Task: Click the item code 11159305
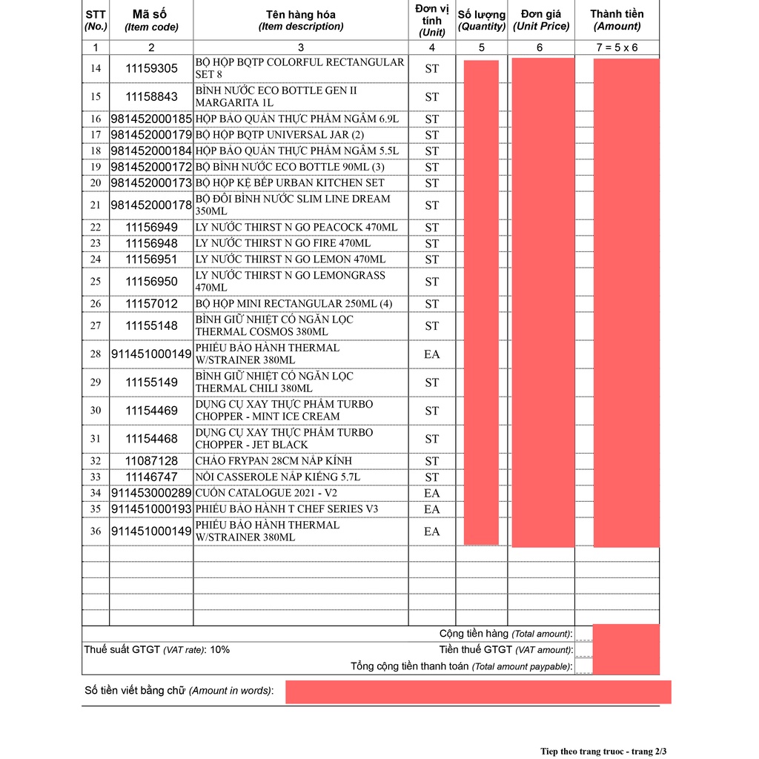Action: [x=151, y=68]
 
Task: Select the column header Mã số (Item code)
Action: [x=151, y=20]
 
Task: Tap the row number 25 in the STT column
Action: [x=96, y=282]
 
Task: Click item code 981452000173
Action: [x=151, y=183]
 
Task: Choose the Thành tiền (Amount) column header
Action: [x=617, y=20]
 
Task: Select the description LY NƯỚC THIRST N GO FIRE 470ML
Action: [x=283, y=243]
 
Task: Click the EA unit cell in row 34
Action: [x=431, y=494]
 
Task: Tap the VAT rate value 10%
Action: [x=220, y=650]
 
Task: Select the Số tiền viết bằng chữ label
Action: [x=179, y=691]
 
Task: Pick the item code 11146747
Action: [x=151, y=477]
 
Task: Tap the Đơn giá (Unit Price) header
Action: [x=541, y=20]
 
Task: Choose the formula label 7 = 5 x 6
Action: [x=617, y=47]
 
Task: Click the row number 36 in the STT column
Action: [x=96, y=531]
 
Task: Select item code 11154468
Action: [x=151, y=439]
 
